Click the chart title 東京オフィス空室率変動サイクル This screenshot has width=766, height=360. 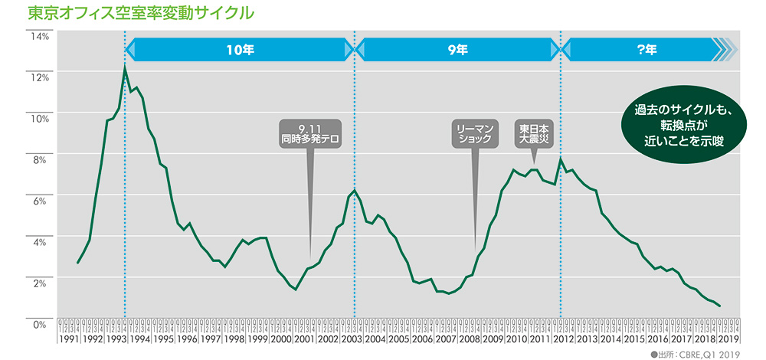[140, 14]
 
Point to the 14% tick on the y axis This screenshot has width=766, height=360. [40, 36]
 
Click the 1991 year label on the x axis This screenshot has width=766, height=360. [68, 338]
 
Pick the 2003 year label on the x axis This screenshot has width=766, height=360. [352, 338]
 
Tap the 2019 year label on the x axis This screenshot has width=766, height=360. [727, 338]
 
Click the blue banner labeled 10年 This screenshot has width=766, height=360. [239, 50]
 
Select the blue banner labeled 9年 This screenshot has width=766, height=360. [458, 50]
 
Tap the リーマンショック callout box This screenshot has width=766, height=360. [476, 133]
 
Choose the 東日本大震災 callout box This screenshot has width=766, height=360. [535, 133]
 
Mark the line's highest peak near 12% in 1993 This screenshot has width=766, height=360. [124, 68]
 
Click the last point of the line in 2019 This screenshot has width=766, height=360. [720, 306]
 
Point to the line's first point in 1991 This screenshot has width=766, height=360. [77, 263]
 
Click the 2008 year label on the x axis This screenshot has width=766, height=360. [470, 338]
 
